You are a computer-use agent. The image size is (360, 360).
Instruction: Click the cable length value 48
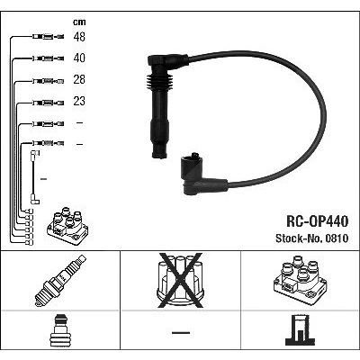79,37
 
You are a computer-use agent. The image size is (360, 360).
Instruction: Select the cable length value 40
79,58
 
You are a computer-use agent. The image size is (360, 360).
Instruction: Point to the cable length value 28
79,79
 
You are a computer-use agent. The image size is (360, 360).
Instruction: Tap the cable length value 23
79,101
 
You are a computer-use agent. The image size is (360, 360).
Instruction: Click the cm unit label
79,22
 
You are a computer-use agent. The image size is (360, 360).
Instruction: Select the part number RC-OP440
318,221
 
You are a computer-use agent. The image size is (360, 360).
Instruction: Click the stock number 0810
336,238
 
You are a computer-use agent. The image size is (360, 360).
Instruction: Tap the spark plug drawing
60,280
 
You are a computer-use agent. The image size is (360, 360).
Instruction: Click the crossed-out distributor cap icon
180,281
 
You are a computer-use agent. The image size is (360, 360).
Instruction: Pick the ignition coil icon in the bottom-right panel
300,280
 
